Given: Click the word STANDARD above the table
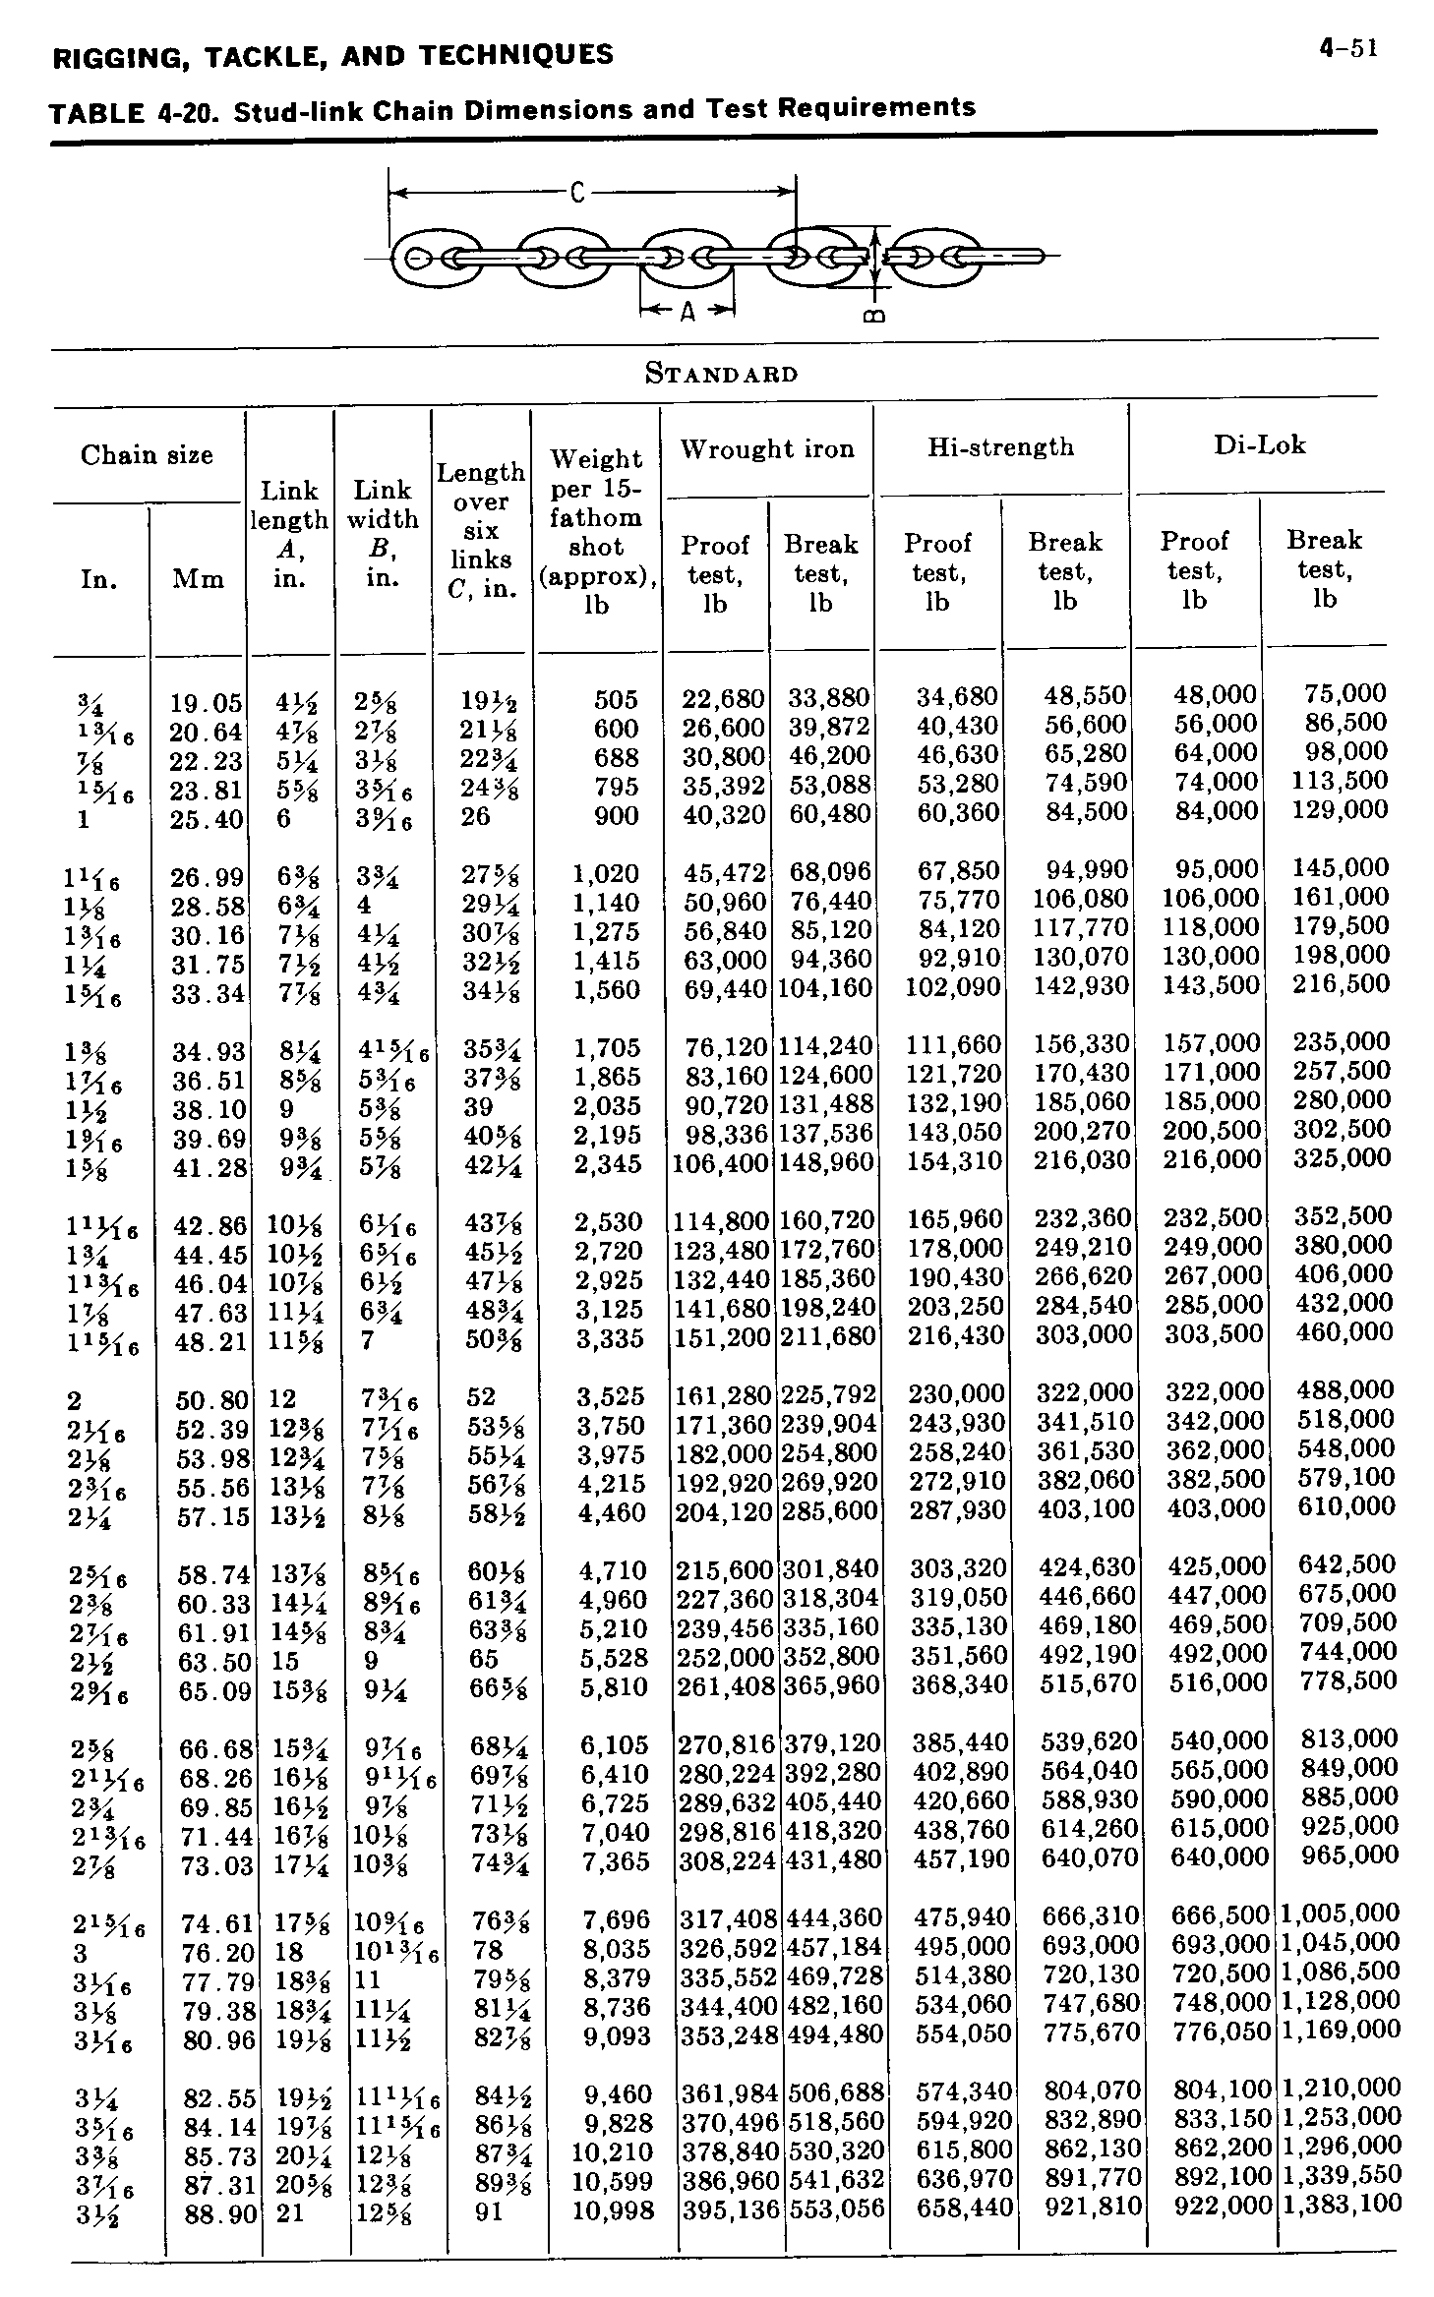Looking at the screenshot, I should pyautogui.click(x=721, y=374).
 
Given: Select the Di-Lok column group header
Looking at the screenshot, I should pyautogui.click(x=1259, y=445).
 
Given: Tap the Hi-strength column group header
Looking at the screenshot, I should pyautogui.click(x=1000, y=447).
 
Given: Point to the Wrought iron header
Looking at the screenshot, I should pyautogui.click(x=767, y=449).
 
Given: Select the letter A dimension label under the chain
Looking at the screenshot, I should pyautogui.click(x=687, y=312).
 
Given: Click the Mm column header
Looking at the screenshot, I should pyautogui.click(x=198, y=578).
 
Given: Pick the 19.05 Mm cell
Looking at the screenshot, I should pyautogui.click(x=206, y=703).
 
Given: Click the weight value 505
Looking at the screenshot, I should pyautogui.click(x=616, y=700).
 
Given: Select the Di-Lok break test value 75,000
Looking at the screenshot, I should pyautogui.click(x=1344, y=694).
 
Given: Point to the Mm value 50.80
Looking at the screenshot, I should pyautogui.click(x=211, y=1399).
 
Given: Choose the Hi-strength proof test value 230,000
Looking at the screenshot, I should pyautogui.click(x=956, y=1394).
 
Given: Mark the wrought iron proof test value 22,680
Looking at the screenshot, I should pyautogui.click(x=723, y=699).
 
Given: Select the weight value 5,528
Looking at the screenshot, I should pyautogui.click(x=614, y=1659).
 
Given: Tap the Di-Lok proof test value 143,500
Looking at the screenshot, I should pyautogui.click(x=1211, y=985).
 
